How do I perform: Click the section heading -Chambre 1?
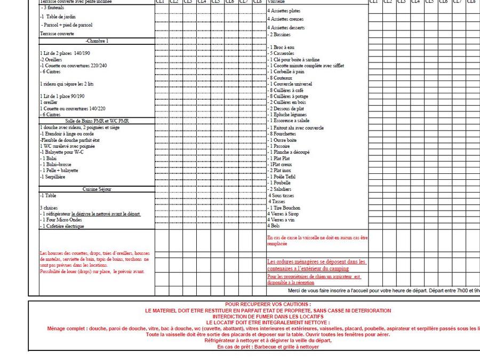[x=97, y=41]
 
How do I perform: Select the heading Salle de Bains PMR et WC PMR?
[x=97, y=121]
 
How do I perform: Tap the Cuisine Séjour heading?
[x=97, y=189]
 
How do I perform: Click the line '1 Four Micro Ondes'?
[x=61, y=220]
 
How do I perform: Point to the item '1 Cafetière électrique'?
[x=62, y=226]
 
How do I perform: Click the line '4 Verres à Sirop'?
[x=283, y=214]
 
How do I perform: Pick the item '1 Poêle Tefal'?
[x=283, y=177]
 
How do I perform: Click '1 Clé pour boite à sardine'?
[x=293, y=60]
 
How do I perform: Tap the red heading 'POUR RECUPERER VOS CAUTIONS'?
[x=268, y=305]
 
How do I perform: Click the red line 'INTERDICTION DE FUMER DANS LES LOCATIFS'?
[x=268, y=317]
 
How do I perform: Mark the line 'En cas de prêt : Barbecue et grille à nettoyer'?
[x=268, y=347]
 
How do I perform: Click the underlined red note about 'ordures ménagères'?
[x=316, y=265]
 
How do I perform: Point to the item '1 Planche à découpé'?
[x=288, y=152]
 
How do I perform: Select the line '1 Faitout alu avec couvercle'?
[x=295, y=128]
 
